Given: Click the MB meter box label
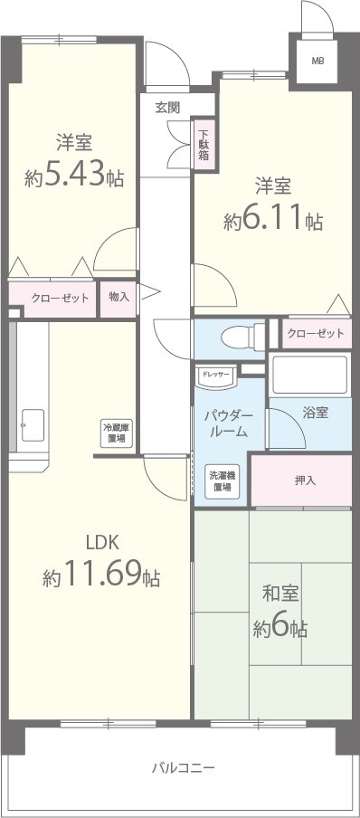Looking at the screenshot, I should pos(317,61).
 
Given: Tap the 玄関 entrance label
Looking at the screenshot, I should pos(167,107).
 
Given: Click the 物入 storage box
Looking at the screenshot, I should pos(118,297).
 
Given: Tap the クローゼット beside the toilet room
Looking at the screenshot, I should pos(316,334).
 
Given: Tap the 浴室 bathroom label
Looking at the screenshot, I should pos(316,412).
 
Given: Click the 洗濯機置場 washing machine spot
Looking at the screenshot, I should pos(221,481).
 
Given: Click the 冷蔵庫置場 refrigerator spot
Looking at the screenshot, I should pos(114,433).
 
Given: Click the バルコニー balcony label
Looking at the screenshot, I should pos(182,767).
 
